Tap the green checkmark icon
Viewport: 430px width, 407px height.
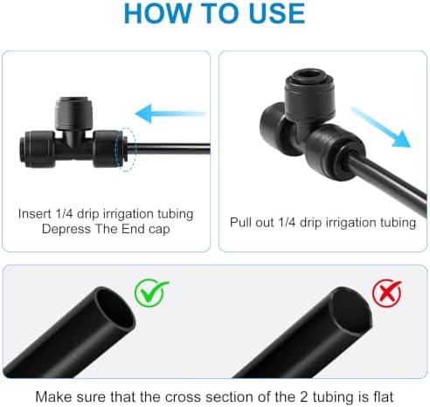tap(151, 293)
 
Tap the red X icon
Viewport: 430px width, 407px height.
tap(387, 293)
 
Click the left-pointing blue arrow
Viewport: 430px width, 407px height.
tap(170, 114)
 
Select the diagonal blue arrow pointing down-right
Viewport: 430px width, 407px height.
tap(381, 128)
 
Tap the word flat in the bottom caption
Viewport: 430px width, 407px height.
tap(383, 397)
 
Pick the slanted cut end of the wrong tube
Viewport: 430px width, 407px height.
tap(352, 312)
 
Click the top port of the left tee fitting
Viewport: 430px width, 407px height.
tap(73, 114)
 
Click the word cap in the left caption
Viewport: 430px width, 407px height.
tap(159, 230)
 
